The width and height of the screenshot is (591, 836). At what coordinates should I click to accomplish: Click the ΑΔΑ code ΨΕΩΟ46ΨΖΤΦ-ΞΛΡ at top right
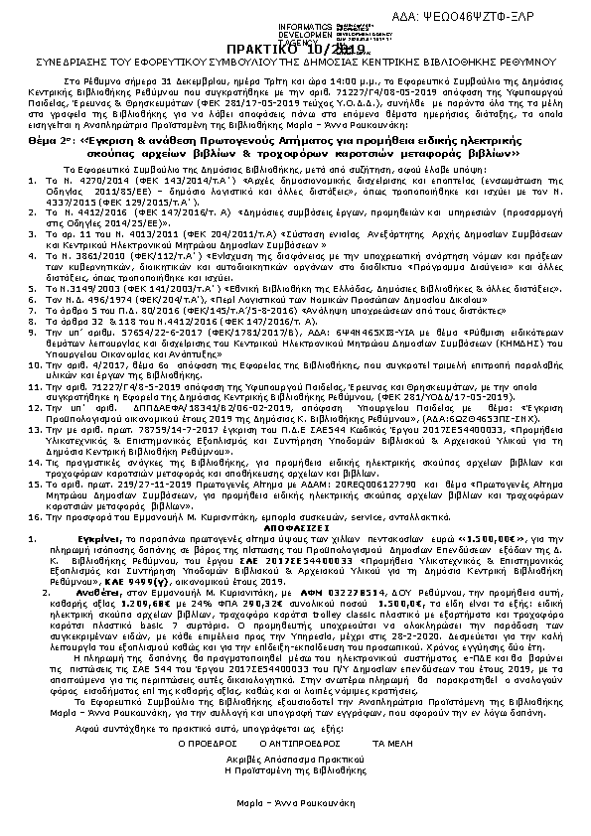[523, 19]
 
